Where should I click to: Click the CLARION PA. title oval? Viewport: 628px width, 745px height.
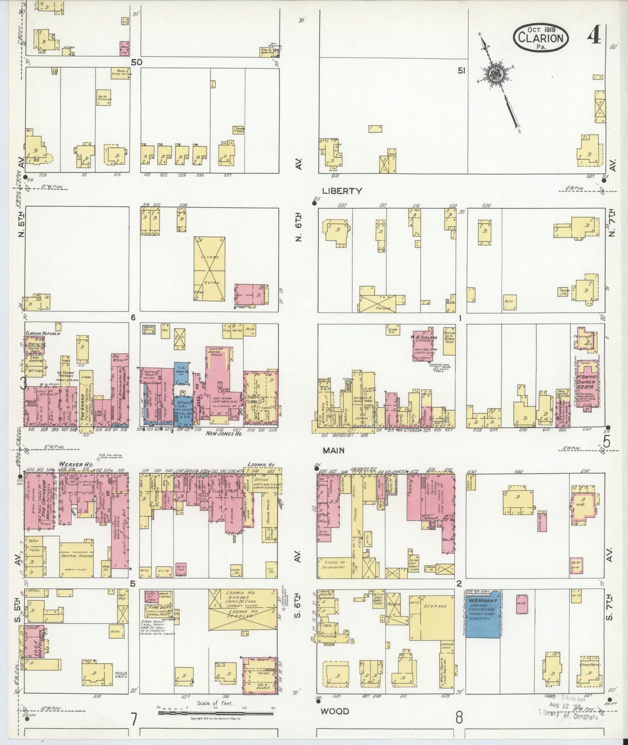coord(541,38)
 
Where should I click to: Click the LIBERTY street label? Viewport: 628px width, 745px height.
coord(342,191)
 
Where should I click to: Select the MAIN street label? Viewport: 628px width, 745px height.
coord(333,450)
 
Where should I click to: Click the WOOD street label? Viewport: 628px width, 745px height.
coord(335,711)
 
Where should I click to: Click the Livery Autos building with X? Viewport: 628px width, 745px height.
coord(209,269)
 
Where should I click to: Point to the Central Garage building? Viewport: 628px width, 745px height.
coord(76,559)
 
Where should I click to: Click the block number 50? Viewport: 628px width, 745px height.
coord(136,62)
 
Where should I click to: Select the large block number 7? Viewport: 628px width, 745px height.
coord(133,719)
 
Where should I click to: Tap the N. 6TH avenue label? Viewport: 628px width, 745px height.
coord(298,228)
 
